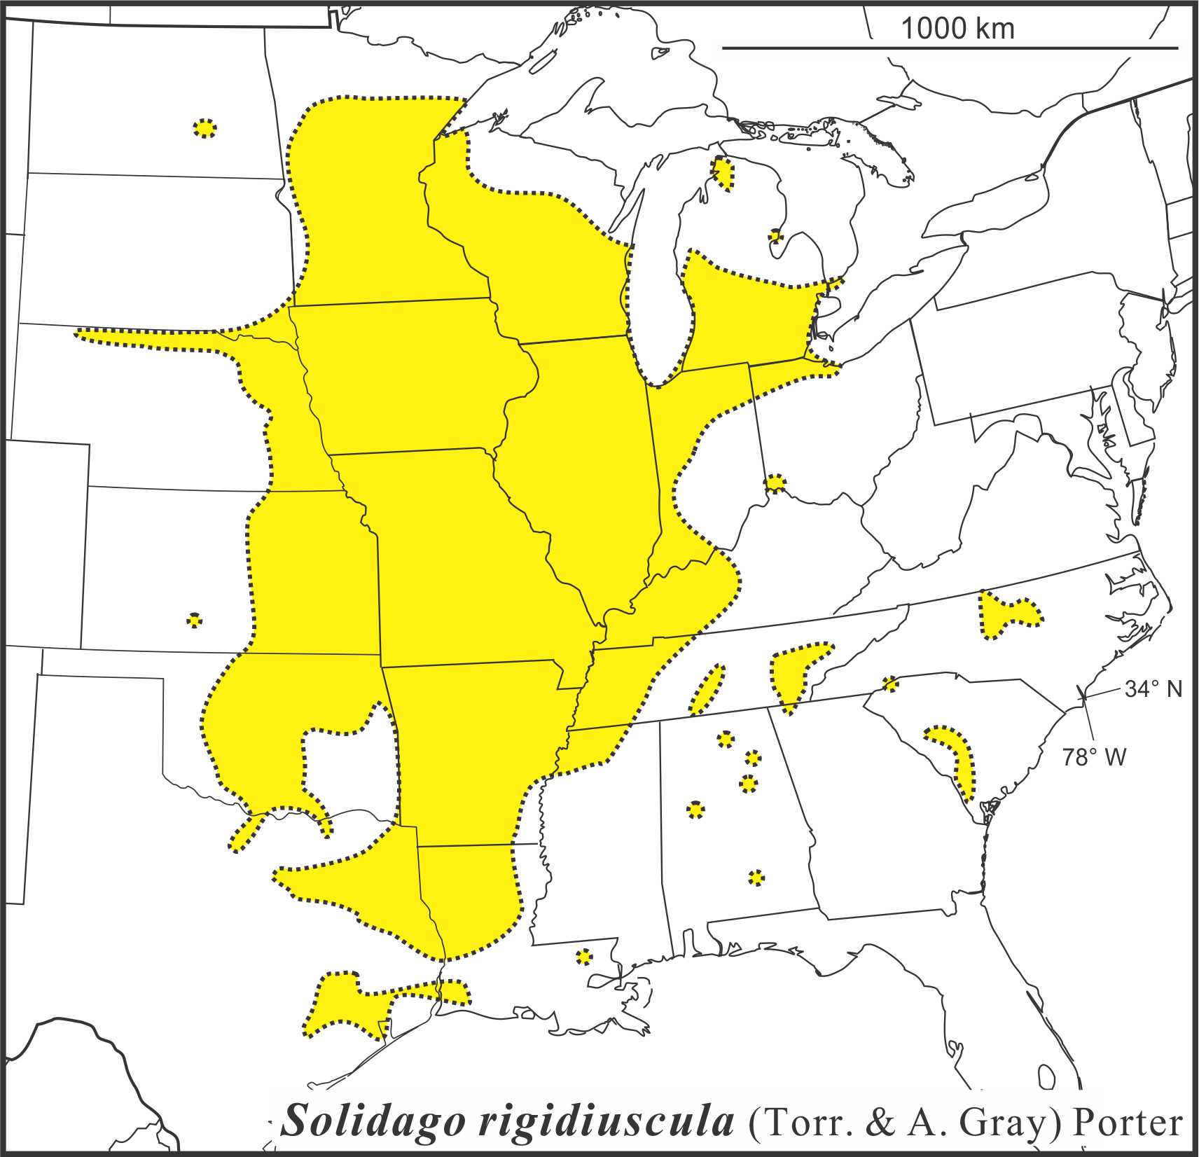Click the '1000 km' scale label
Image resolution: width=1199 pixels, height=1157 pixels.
coord(956,29)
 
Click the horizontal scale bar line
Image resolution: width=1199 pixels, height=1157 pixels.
coord(949,48)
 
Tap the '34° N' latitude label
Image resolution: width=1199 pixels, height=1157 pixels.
coord(1153,688)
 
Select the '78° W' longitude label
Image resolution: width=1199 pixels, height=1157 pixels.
coord(1094,757)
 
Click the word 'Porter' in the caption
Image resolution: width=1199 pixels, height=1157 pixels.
coord(1128,1123)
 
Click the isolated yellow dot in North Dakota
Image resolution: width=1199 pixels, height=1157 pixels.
coord(204,128)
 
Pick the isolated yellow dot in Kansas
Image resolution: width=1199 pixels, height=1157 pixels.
coord(195,620)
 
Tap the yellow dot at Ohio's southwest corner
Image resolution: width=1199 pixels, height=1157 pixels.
coord(775,483)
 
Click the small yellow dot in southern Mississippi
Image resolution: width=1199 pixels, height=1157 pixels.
coord(583,957)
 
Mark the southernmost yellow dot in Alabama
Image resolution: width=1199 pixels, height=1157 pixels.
coord(756,878)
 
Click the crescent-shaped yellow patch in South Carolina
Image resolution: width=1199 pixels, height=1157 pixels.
coord(958,756)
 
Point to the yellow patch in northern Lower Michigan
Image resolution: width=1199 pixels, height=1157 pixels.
coord(723,173)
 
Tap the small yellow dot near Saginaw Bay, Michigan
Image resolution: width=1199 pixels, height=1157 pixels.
coord(775,236)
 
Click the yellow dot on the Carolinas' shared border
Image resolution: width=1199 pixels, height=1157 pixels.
coord(890,684)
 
